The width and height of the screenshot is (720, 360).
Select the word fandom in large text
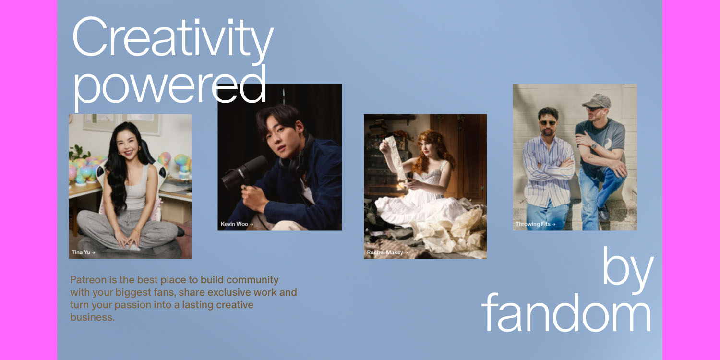(x=566, y=312)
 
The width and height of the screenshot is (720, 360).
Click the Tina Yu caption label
(x=83, y=252)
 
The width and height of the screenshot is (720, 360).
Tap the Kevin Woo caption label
(x=236, y=224)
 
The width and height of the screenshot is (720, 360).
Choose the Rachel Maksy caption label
(x=387, y=252)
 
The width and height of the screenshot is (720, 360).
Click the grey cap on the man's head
(x=597, y=100)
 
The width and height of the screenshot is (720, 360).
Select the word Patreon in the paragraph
(x=87, y=280)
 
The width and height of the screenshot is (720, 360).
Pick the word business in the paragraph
(x=92, y=317)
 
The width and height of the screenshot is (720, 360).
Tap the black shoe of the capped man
(x=603, y=213)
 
